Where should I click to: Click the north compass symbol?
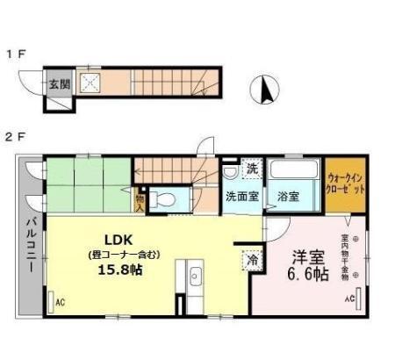[x=266, y=89]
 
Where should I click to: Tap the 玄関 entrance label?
[x=58, y=84]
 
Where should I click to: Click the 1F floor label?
[x=16, y=54]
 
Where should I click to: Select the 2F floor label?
[x=16, y=138]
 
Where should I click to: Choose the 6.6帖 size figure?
[x=308, y=275]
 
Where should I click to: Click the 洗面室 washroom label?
[x=241, y=197]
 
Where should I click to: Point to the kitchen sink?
[x=195, y=281]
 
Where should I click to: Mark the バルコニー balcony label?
[x=29, y=247]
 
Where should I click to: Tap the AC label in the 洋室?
[x=348, y=299]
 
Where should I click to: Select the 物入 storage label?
[x=140, y=203]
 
